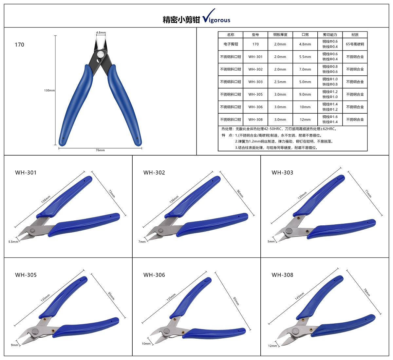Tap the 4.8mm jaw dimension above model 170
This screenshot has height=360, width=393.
[101, 32]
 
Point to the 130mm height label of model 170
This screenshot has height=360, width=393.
[49, 90]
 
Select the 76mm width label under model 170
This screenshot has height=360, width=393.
[100, 150]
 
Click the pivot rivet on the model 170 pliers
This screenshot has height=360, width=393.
[101, 54]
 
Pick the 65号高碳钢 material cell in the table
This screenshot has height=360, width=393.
[355, 44]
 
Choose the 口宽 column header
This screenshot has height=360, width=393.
[305, 35]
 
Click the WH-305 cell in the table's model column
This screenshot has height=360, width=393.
[255, 94]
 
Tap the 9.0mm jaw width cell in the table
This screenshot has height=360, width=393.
[305, 94]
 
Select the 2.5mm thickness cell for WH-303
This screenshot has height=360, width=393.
[280, 82]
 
